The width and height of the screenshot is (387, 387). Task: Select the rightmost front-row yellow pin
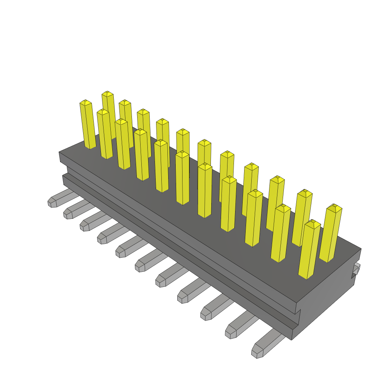(x=309, y=249)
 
